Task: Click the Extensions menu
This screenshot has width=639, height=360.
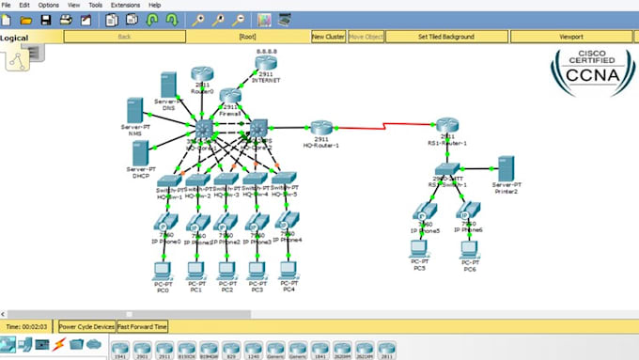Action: click(125, 5)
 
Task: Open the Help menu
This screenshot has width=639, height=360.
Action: click(155, 5)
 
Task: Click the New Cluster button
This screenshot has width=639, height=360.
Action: click(328, 37)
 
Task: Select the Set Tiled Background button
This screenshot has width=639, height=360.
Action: click(445, 37)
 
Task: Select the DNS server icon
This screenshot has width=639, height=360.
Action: click(169, 84)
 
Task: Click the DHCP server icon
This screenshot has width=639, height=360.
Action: click(142, 152)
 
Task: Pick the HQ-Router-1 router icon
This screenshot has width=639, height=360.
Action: click(320, 129)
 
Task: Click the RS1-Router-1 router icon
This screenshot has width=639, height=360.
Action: click(447, 125)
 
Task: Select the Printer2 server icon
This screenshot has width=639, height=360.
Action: click(506, 169)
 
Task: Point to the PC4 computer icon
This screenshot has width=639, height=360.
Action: click(288, 270)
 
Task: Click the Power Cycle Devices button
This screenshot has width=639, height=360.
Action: click(86, 326)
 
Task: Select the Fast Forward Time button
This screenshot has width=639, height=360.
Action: click(142, 326)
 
